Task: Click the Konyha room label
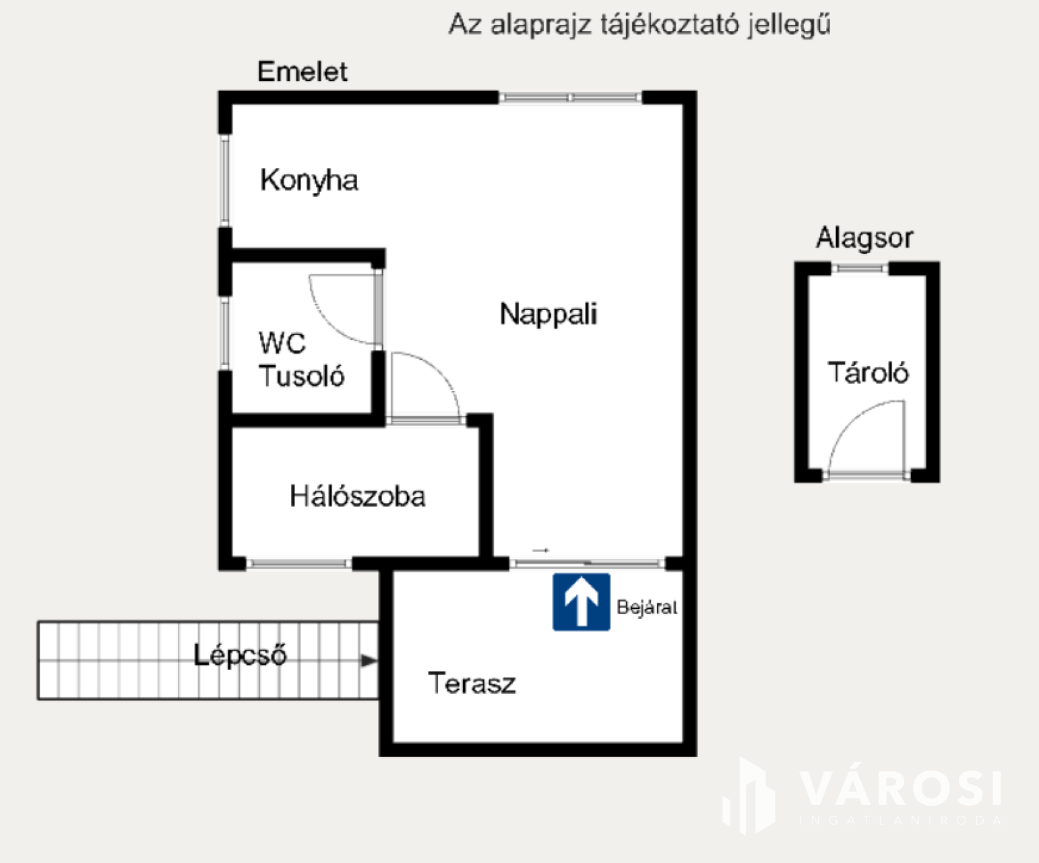[x=309, y=181]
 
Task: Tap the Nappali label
[x=548, y=314]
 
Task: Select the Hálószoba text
[x=357, y=496]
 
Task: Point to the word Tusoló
[x=301, y=376]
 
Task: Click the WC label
[x=282, y=343]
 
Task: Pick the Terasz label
[x=472, y=684]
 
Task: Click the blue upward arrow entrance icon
[x=581, y=602]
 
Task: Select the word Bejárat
[x=646, y=607]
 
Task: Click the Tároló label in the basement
[x=868, y=373]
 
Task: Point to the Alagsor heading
[x=864, y=238]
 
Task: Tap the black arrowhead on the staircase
[x=369, y=661]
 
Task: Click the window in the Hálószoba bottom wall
[x=298, y=563]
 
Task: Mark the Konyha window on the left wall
[x=225, y=181]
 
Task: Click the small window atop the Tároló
[x=860, y=268]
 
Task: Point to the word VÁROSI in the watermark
[x=900, y=787]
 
